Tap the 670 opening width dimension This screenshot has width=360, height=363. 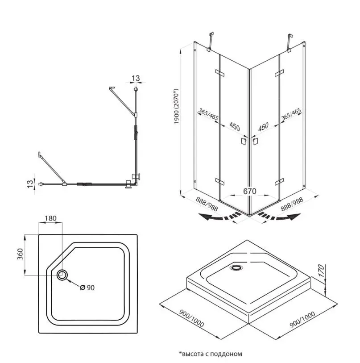click(x=250, y=191)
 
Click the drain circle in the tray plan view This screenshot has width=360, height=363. click(x=62, y=275)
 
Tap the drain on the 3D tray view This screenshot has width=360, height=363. click(x=236, y=268)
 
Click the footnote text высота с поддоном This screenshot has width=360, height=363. click(x=211, y=354)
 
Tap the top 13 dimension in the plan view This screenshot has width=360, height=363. click(x=136, y=79)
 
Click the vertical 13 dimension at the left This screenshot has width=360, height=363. click(x=29, y=183)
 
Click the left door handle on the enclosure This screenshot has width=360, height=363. click(x=244, y=141)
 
